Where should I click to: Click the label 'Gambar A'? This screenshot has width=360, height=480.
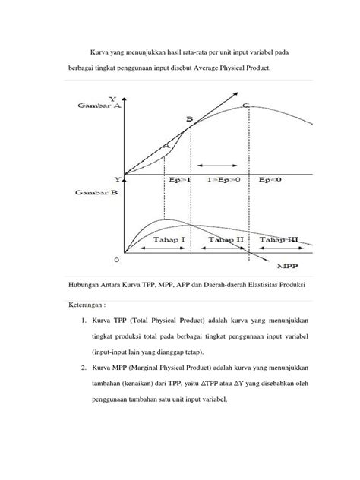coord(95,106)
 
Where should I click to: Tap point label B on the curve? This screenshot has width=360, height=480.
coord(190,119)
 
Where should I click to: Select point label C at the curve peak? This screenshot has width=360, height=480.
coord(245,105)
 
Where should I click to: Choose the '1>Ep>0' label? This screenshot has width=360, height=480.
coord(225,180)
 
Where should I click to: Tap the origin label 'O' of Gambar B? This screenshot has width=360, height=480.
coord(116,259)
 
